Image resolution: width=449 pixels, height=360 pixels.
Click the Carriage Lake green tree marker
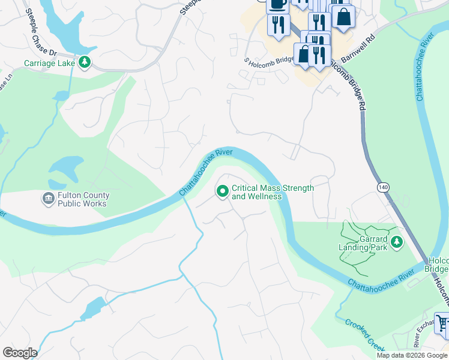pos(85,62)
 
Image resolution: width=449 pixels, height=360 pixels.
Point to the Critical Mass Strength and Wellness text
pos(273,192)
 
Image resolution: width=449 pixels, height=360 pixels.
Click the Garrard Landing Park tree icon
pos(396,242)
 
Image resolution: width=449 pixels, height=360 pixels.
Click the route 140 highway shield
pos(383,188)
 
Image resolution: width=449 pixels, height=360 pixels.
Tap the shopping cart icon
pos(442,323)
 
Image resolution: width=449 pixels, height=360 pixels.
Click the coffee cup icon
pos(277,5)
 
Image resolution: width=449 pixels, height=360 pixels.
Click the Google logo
pos(19,353)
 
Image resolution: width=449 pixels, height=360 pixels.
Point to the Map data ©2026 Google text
pos(412,355)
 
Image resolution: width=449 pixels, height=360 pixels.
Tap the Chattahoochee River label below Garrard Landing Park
pos(381,278)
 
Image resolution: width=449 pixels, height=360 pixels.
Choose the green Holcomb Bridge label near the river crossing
pos(438,265)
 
